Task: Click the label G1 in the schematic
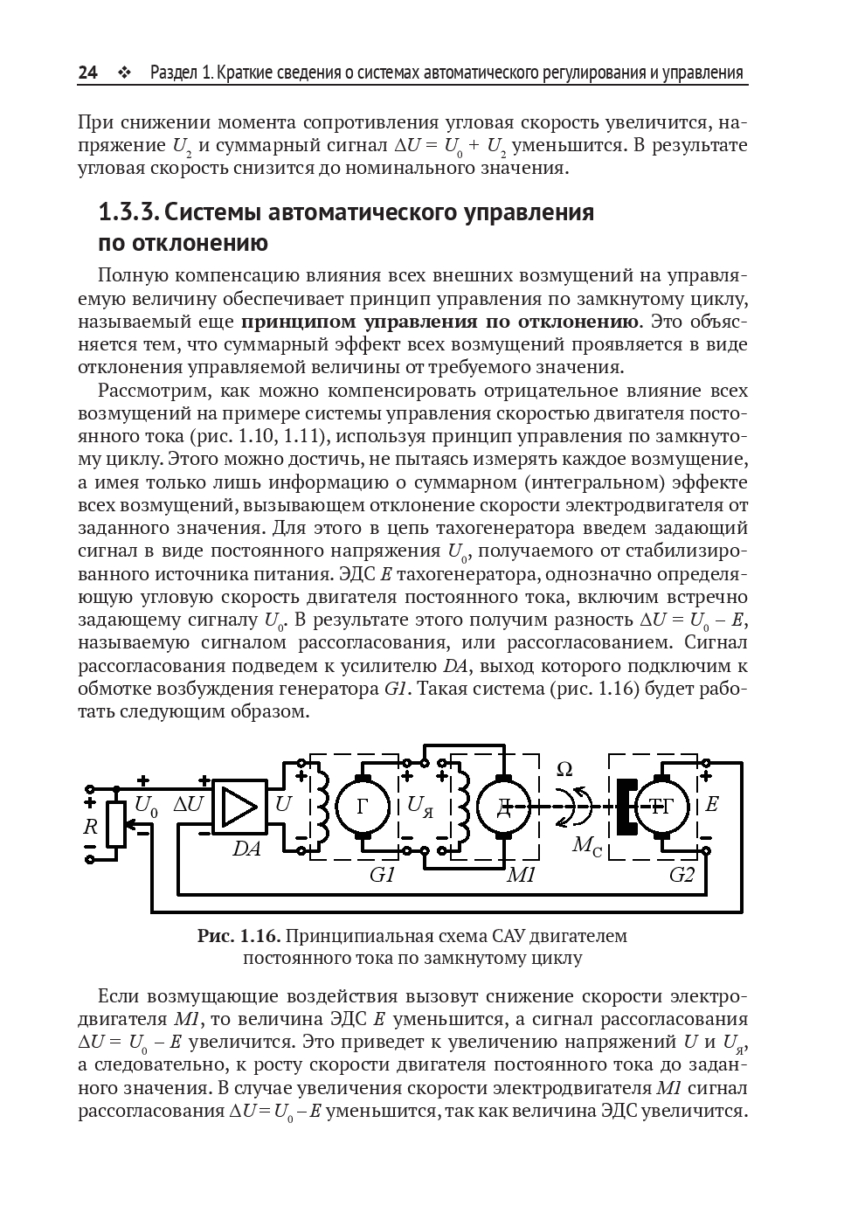click(x=383, y=874)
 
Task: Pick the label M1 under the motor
click(x=522, y=874)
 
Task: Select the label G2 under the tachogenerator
click(x=681, y=874)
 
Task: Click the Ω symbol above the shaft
click(x=565, y=770)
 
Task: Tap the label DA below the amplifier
click(x=246, y=848)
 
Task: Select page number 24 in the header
click(x=87, y=73)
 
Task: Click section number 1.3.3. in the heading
click(x=128, y=212)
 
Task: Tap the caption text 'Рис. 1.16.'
click(x=239, y=936)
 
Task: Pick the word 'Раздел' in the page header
click(x=174, y=73)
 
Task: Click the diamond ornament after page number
click(x=122, y=73)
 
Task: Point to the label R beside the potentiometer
click(x=90, y=825)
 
